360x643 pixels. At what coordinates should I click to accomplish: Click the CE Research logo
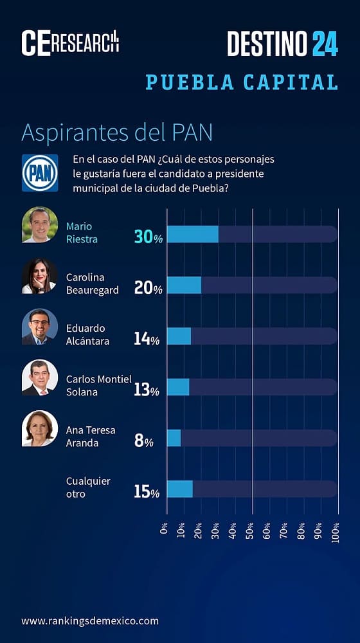click(x=70, y=42)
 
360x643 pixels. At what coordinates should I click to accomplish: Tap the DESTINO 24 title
click(x=282, y=43)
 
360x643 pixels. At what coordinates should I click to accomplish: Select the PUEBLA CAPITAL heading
click(x=242, y=82)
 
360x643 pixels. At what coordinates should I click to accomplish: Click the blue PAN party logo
click(x=40, y=173)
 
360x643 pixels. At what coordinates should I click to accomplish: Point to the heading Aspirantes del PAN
click(x=116, y=132)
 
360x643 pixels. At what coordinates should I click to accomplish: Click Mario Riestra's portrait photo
click(x=40, y=224)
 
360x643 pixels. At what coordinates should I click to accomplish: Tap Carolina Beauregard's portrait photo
click(x=40, y=276)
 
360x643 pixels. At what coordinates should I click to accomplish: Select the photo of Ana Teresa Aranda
click(x=40, y=428)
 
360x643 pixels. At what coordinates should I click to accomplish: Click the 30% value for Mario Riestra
click(x=148, y=237)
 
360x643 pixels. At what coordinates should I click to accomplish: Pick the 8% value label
click(x=144, y=441)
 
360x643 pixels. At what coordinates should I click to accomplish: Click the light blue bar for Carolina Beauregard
click(x=184, y=285)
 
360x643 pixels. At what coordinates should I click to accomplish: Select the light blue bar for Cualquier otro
click(x=180, y=489)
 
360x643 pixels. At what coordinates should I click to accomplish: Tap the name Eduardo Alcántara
click(x=87, y=334)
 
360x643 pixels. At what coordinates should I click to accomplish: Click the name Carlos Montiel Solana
click(x=98, y=385)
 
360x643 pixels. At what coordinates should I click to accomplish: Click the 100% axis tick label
click(x=335, y=532)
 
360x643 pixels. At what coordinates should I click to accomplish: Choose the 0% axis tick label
click(x=165, y=529)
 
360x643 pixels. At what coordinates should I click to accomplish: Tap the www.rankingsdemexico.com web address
click(x=89, y=620)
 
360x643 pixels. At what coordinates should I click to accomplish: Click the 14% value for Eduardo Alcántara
click(x=147, y=339)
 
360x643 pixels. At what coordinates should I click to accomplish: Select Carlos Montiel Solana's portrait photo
click(x=40, y=377)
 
